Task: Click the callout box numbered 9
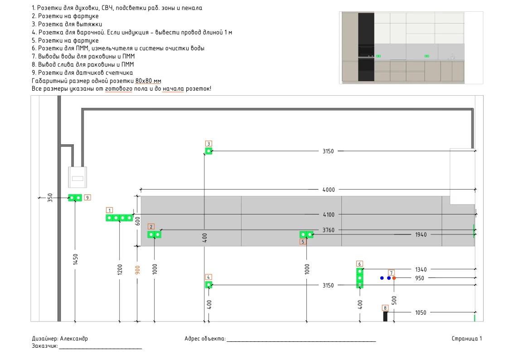coord(87,197)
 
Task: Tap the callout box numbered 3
coord(209,143)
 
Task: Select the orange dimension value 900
coord(137,270)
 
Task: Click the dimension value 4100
coord(329,214)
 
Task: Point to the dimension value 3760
coord(328,230)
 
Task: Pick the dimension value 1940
coord(421,235)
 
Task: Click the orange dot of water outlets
coord(394,278)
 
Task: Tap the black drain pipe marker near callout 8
coord(385,316)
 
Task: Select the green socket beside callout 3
coord(209,151)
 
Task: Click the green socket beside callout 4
coord(209,285)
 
